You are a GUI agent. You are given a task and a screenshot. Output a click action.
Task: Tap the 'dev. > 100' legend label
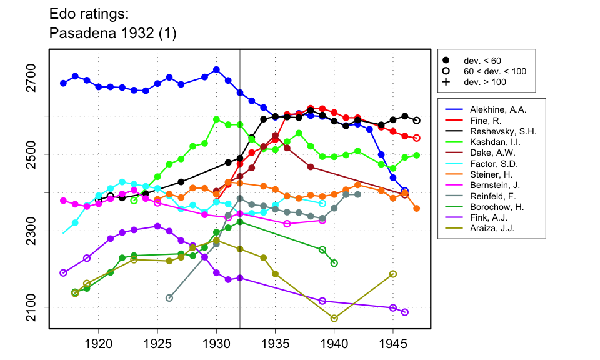click(485, 82)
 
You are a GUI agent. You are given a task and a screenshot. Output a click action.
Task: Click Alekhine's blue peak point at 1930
click(216, 69)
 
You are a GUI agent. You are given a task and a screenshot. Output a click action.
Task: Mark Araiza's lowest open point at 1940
click(334, 318)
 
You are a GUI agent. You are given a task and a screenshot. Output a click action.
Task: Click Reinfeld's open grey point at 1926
click(169, 298)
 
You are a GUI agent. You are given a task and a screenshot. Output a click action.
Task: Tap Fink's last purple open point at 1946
click(405, 312)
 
